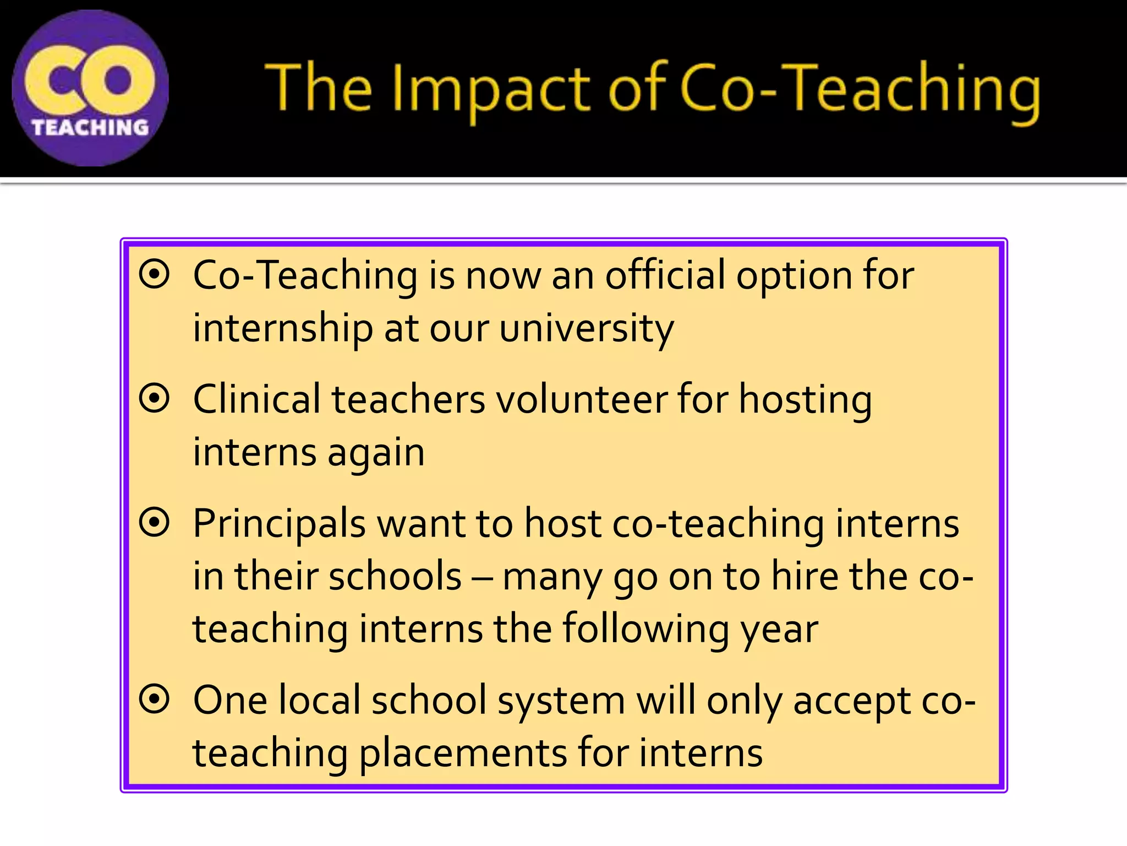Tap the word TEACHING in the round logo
90,128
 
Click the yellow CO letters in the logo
90,80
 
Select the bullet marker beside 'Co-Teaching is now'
154,274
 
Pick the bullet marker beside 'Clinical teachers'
154,398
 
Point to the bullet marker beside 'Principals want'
154,522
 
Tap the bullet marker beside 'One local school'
154,699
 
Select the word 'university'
586,329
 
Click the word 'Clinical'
256,399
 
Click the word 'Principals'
279,524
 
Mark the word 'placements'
462,753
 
